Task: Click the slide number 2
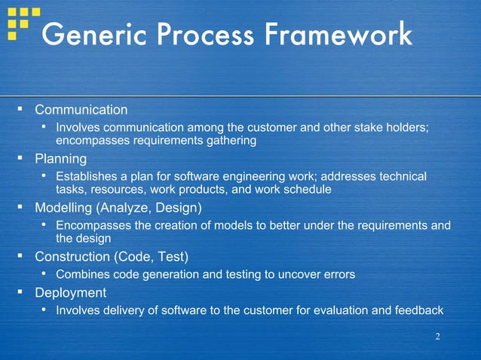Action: tap(437, 336)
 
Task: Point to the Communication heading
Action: tap(81, 110)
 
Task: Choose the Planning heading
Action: tap(60, 159)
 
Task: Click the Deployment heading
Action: tap(70, 292)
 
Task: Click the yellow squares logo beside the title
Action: tap(23, 22)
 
